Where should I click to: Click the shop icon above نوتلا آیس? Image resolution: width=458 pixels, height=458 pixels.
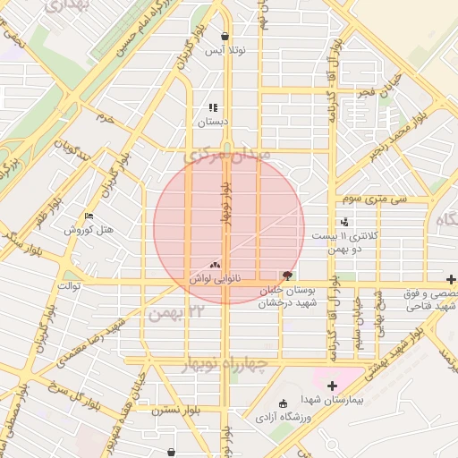point(224,37)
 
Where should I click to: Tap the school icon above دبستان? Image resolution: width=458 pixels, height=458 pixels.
point(213,107)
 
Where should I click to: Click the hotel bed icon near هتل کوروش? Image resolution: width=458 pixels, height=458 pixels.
point(88,216)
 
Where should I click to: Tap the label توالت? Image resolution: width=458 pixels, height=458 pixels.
point(69,285)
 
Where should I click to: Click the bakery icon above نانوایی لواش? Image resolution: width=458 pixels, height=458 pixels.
point(214,265)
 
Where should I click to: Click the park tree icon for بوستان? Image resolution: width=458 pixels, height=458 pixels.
point(286,276)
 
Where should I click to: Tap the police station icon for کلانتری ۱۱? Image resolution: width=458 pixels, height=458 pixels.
point(344,222)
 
